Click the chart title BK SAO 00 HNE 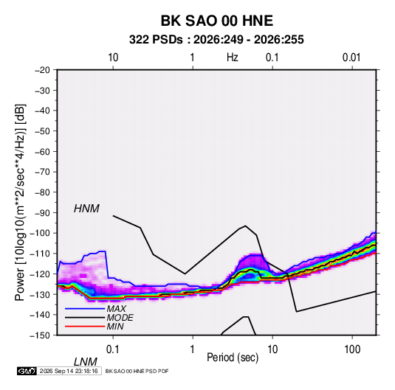click(216, 21)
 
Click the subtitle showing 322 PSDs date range click(216, 40)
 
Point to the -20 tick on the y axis click(42, 70)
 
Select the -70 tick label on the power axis click(42, 172)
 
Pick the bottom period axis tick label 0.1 click(113, 349)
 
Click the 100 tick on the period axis click(352, 349)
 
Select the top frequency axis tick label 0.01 click(351, 58)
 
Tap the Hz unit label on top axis click(233, 58)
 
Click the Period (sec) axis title click(233, 358)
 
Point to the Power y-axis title click(20, 202)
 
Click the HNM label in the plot click(86, 209)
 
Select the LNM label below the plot click(85, 362)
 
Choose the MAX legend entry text click(116, 309)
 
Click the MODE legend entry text click(120, 318)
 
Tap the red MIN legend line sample click(85, 327)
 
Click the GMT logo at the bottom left click(27, 371)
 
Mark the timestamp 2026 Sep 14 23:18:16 click(69, 371)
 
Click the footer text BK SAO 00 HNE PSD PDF click(137, 371)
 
